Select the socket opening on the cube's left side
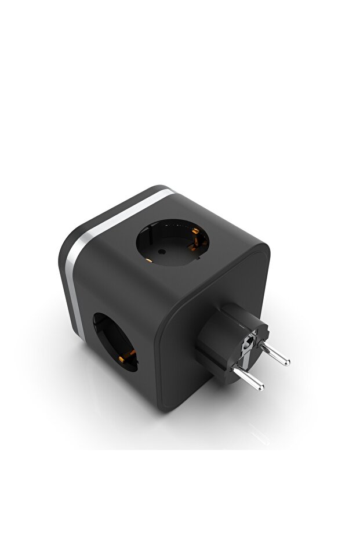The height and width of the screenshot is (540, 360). (114, 342)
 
